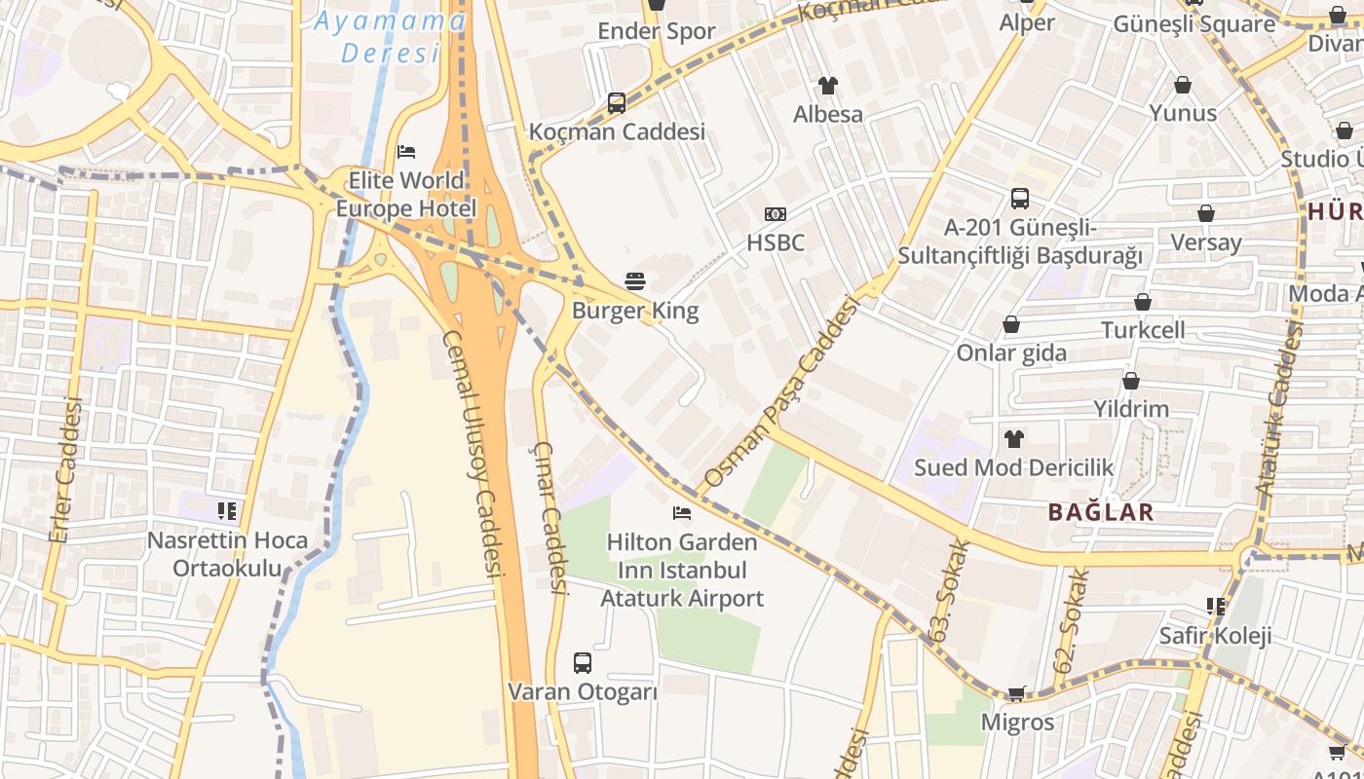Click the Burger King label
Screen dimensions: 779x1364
634,311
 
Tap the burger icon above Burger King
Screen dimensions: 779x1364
635,282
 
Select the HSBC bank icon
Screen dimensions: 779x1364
776,214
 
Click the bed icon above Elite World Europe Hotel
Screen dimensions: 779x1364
406,152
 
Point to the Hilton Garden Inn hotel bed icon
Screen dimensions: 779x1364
682,513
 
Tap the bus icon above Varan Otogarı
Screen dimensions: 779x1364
582,663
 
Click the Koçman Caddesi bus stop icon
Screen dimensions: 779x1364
616,102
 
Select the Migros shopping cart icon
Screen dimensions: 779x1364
1016,694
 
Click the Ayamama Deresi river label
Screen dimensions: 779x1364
390,36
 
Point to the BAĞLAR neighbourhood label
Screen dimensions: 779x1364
1101,512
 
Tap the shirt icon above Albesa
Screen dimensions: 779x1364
828,86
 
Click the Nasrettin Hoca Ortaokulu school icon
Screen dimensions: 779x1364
227,511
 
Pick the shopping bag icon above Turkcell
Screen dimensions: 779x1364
1143,303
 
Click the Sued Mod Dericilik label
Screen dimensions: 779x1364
1013,467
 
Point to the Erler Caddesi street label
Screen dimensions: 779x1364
66,469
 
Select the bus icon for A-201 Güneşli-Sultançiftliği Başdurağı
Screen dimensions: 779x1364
1019,199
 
